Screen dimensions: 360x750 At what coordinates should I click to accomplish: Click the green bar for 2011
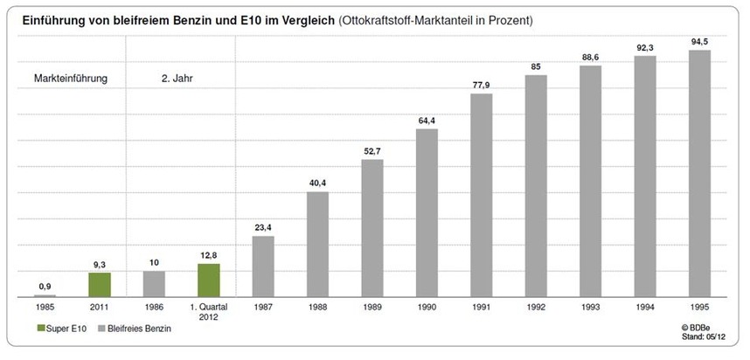tap(99, 285)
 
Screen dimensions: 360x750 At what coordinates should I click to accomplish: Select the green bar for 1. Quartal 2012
tap(209, 280)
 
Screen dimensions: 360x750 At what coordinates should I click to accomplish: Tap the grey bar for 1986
tap(154, 284)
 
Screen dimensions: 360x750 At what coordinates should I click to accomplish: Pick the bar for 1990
tap(427, 213)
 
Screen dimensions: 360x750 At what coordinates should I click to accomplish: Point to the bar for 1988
tap(317, 245)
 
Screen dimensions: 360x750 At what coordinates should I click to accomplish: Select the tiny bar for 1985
tap(45, 296)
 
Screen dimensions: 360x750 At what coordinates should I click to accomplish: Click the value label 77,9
tap(482, 85)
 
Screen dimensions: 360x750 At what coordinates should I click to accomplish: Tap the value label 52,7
tap(372, 151)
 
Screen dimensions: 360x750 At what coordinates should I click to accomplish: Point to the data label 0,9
tap(45, 287)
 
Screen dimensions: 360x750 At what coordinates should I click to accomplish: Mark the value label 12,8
tap(209, 255)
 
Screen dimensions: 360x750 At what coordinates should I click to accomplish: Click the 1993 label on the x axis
tap(590, 308)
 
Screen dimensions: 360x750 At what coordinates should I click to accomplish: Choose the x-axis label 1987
tap(263, 308)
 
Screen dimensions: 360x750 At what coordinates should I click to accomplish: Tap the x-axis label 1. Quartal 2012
tap(209, 312)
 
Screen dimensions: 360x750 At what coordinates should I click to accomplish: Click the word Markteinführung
tap(70, 79)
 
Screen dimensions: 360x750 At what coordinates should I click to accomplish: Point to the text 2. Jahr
tap(177, 79)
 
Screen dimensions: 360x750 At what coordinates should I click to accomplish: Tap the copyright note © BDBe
tap(699, 325)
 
